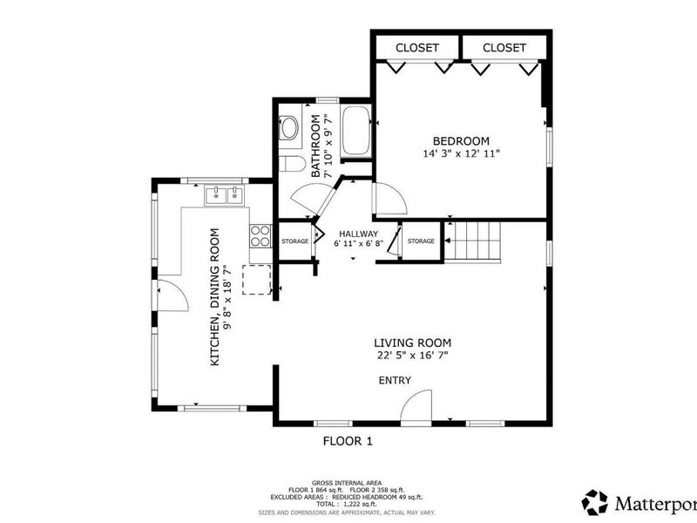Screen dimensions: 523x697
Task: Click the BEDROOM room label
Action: (x=461, y=140)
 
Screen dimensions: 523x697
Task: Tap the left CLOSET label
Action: (x=417, y=47)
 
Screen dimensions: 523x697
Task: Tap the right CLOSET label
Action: (x=504, y=47)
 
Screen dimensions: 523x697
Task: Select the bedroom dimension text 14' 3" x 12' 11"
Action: (x=461, y=153)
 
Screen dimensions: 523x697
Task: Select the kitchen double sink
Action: (x=224, y=195)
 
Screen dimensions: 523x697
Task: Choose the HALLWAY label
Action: (x=358, y=234)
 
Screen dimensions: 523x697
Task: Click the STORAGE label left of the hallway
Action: (x=294, y=241)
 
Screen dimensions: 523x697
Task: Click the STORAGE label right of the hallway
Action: (x=421, y=241)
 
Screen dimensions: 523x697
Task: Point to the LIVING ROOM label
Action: (x=413, y=343)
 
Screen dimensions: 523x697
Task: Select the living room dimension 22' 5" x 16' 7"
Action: (x=413, y=355)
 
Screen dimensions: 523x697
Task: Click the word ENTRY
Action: (x=394, y=380)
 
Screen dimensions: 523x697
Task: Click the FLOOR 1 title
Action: (x=348, y=441)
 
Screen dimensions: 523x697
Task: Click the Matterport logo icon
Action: (x=596, y=501)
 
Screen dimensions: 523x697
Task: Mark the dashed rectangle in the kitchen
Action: (x=256, y=279)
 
